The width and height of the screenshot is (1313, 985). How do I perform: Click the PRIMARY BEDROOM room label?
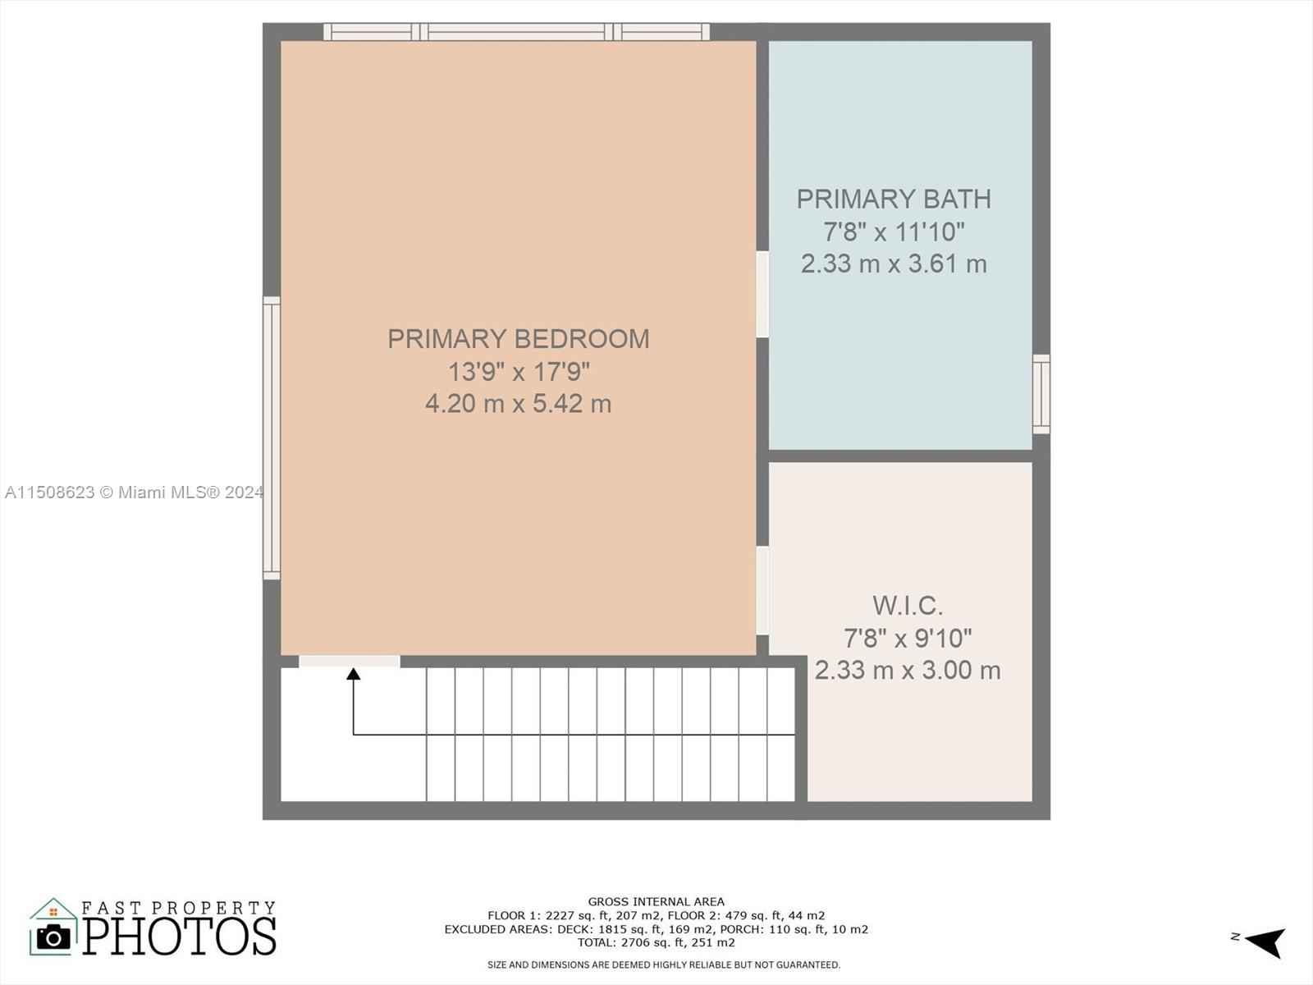518,339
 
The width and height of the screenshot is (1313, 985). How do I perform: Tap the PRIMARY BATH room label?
894,199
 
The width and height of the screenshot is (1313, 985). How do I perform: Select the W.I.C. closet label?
908,606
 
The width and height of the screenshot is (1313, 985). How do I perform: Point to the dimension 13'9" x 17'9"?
518,372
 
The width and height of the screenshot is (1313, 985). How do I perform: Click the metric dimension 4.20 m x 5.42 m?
518,404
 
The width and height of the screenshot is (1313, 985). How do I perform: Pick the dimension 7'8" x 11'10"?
894,231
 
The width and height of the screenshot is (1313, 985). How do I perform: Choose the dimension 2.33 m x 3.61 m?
894,263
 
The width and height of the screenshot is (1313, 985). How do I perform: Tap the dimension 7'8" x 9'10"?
908,638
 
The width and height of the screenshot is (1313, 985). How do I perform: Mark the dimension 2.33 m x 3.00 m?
908,670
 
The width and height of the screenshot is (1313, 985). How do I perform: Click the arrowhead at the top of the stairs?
354,674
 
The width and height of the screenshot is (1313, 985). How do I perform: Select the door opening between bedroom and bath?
762,294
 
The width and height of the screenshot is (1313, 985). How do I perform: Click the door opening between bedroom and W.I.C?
762,590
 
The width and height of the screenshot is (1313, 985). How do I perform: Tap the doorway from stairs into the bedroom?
350,661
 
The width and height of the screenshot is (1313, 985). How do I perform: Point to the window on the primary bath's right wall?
1041,394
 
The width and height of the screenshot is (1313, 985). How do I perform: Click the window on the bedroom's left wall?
272,438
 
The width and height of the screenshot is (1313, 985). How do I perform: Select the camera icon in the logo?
54,937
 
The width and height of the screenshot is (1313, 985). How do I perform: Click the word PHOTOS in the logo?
179,936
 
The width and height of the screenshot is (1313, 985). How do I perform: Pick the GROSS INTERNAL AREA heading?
656,901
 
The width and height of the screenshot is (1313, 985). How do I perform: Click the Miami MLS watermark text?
134,492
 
